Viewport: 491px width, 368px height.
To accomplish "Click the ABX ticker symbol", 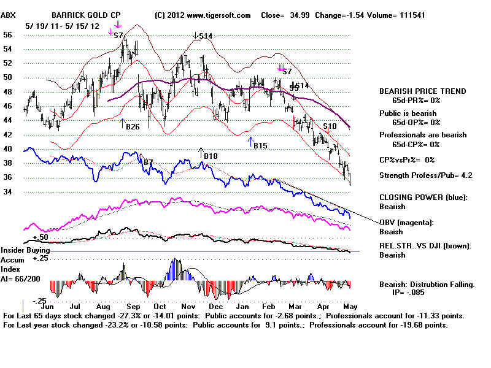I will click(x=8, y=15).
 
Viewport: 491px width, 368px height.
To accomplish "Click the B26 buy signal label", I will click(x=133, y=127).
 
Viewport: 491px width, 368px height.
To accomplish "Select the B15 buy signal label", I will click(x=260, y=146).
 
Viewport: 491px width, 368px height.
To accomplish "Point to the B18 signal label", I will click(x=211, y=156).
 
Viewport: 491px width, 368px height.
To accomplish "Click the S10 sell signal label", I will click(x=330, y=126).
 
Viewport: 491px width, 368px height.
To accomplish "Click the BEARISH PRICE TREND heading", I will click(x=422, y=91).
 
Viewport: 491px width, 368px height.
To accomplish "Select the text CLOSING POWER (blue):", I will click(x=423, y=197).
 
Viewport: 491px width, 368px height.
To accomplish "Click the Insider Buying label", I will click(x=25, y=250).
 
